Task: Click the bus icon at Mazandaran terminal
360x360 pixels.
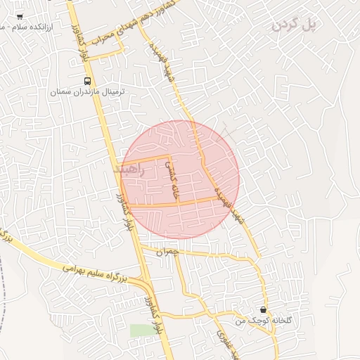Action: click(87, 80)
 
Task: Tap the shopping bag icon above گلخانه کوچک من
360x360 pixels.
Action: click(263, 310)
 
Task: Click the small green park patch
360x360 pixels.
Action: click(141, 330)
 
